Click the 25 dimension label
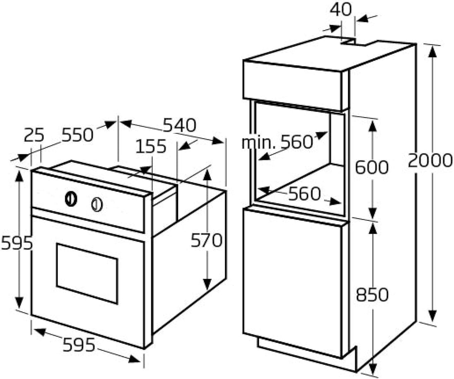click(34, 135)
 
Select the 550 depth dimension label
click(78, 135)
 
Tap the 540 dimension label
click(179, 125)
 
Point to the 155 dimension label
click(151, 146)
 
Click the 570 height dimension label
click(206, 240)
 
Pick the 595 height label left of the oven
click(17, 243)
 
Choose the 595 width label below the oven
click(79, 345)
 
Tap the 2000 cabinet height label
click(430, 161)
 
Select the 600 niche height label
click(372, 167)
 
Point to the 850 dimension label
click(372, 295)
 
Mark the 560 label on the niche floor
click(304, 194)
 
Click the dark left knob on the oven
click(71, 199)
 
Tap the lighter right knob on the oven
click(97, 204)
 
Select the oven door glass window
click(87, 274)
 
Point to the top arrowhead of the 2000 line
click(432, 53)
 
